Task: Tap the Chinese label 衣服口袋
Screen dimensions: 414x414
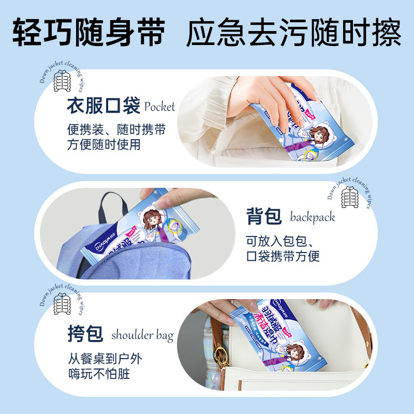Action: click(x=103, y=107)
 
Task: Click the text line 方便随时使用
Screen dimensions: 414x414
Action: click(x=103, y=145)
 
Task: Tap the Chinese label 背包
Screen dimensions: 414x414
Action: click(x=264, y=216)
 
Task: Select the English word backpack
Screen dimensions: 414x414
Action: click(x=312, y=217)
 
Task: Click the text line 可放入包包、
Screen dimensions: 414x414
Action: click(x=283, y=241)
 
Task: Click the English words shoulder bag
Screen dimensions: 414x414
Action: click(x=142, y=335)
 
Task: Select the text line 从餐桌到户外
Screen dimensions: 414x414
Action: click(x=103, y=358)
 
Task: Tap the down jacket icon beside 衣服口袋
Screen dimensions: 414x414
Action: click(x=63, y=81)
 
